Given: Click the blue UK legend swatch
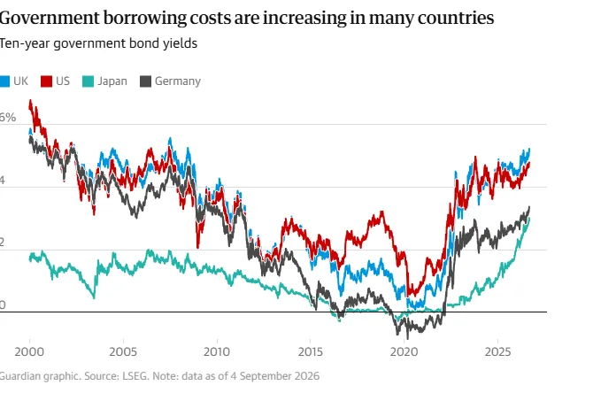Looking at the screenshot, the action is coord(4,81).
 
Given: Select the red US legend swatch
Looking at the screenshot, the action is coord(46,81).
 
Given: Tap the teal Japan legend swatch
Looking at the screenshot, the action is coord(88,81).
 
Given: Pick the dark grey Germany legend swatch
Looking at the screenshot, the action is coord(146,81).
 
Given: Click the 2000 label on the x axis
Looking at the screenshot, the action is coord(29,351).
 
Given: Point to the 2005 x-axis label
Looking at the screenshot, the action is coord(123,351).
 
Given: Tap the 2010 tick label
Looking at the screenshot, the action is coord(217,351).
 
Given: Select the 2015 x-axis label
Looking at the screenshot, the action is coord(311,351).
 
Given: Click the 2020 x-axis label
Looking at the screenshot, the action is coord(404,351).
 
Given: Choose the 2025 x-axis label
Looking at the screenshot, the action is coord(497,351).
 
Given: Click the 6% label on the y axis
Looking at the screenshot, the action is coord(7,117).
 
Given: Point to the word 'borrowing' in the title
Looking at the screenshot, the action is coord(145,19).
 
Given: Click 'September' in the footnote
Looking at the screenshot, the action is coord(266,376).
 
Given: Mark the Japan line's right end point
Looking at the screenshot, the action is coord(529,219).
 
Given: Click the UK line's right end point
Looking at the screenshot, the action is coord(529,149).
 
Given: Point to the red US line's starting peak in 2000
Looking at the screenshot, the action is coord(31,101).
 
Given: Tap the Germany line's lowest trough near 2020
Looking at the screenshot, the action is coord(407,338).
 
